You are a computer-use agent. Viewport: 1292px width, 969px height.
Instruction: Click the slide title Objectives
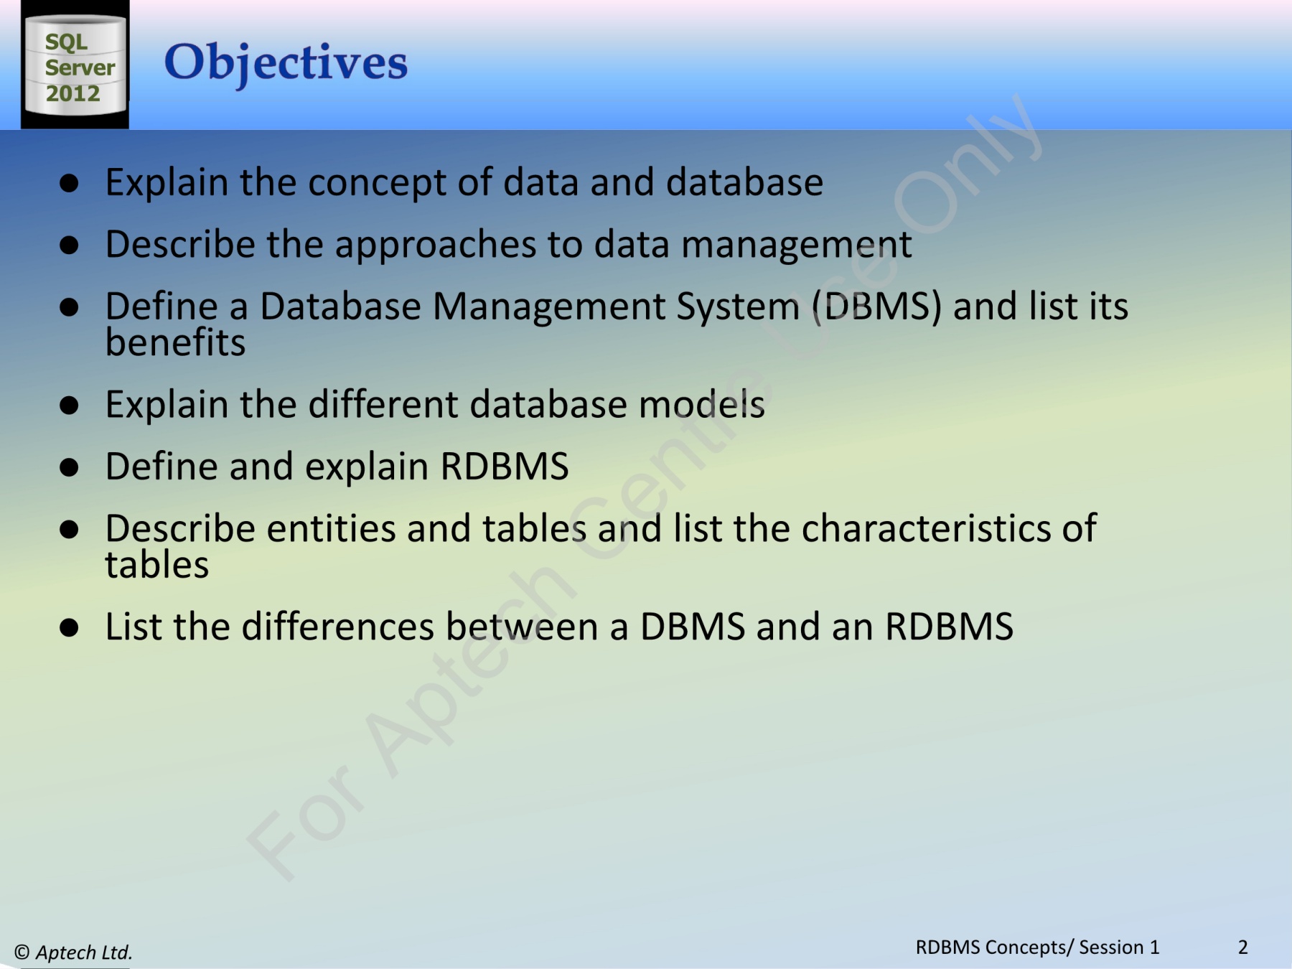(286, 62)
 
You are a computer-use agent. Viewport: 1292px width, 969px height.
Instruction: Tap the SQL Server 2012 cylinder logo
(75, 65)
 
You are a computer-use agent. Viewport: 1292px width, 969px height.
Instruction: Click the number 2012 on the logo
(73, 93)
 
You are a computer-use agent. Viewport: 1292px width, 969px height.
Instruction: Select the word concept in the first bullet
(377, 183)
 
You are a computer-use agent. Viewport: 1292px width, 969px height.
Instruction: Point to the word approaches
(436, 245)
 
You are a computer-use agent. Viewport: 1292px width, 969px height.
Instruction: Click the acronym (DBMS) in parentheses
(876, 307)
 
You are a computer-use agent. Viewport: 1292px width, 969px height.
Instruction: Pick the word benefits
(175, 342)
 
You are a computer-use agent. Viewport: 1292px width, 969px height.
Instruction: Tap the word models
(701, 405)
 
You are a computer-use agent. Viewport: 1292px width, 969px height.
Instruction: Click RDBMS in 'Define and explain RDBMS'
(504, 467)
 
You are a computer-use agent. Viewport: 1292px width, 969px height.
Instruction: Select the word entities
(331, 529)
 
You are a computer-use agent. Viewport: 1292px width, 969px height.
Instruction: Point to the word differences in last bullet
(337, 627)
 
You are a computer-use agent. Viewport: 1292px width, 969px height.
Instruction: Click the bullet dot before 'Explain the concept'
(69, 183)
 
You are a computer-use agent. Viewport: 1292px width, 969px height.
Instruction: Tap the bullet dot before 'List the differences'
(69, 628)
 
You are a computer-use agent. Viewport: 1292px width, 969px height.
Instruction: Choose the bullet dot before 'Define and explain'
(69, 468)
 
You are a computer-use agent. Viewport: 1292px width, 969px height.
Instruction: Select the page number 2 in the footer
(1242, 947)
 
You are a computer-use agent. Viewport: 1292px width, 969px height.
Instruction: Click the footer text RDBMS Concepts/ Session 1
(1037, 947)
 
